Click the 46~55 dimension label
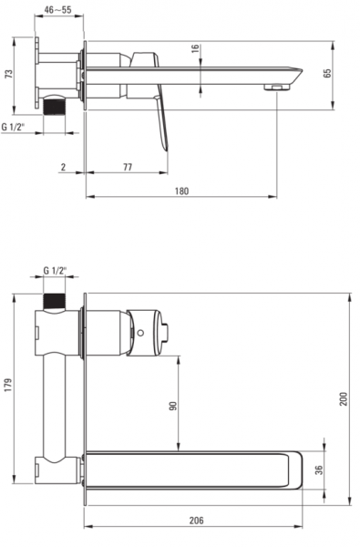point(58,9)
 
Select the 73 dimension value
point(9,74)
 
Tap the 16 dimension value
point(195,48)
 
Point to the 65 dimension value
point(327,73)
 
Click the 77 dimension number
point(128,167)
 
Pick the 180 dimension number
point(181,191)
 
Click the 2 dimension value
point(63,167)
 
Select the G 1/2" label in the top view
point(14,127)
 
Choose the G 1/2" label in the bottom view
point(55,271)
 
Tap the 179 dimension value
point(8,385)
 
